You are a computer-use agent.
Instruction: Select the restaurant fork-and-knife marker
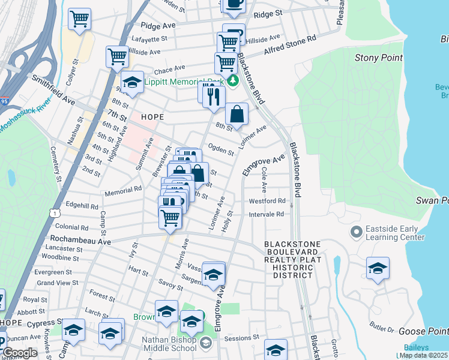[x=214, y=96]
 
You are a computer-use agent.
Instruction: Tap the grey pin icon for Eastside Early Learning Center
[x=356, y=231]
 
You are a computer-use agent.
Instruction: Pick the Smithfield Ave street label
[x=54, y=89]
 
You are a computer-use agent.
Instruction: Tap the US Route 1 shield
[x=55, y=213]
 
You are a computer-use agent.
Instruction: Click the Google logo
[x=20, y=353]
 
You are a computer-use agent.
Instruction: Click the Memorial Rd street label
[x=122, y=188]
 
